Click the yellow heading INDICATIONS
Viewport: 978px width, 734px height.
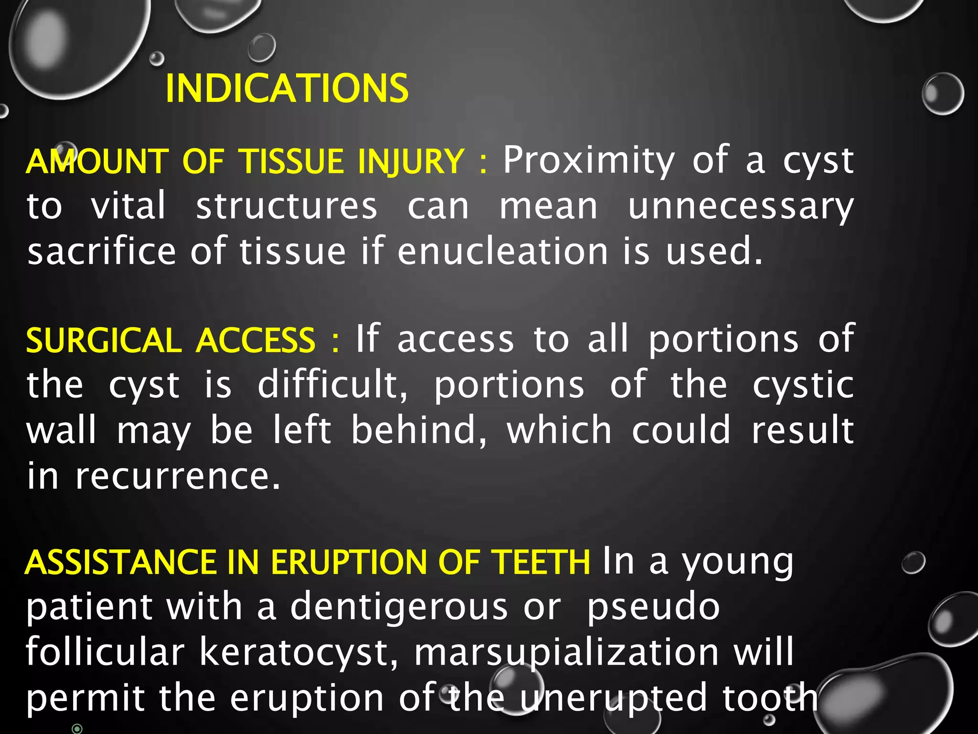tap(287, 89)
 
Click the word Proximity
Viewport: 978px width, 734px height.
tap(588, 161)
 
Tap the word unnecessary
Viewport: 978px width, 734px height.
tap(741, 207)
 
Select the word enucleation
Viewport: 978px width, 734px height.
tap(502, 252)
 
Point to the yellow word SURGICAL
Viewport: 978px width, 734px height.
tap(104, 341)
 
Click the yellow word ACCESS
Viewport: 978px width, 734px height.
tap(256, 341)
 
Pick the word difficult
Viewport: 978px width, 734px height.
tap(332, 385)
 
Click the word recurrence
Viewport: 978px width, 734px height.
tap(178, 476)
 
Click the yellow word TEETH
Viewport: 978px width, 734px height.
tap(541, 562)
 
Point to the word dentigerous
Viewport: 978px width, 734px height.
tap(399, 607)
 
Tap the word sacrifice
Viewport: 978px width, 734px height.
tap(102, 252)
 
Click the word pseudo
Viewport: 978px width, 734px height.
tap(653, 608)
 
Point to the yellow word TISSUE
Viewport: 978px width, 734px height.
tap(292, 161)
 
